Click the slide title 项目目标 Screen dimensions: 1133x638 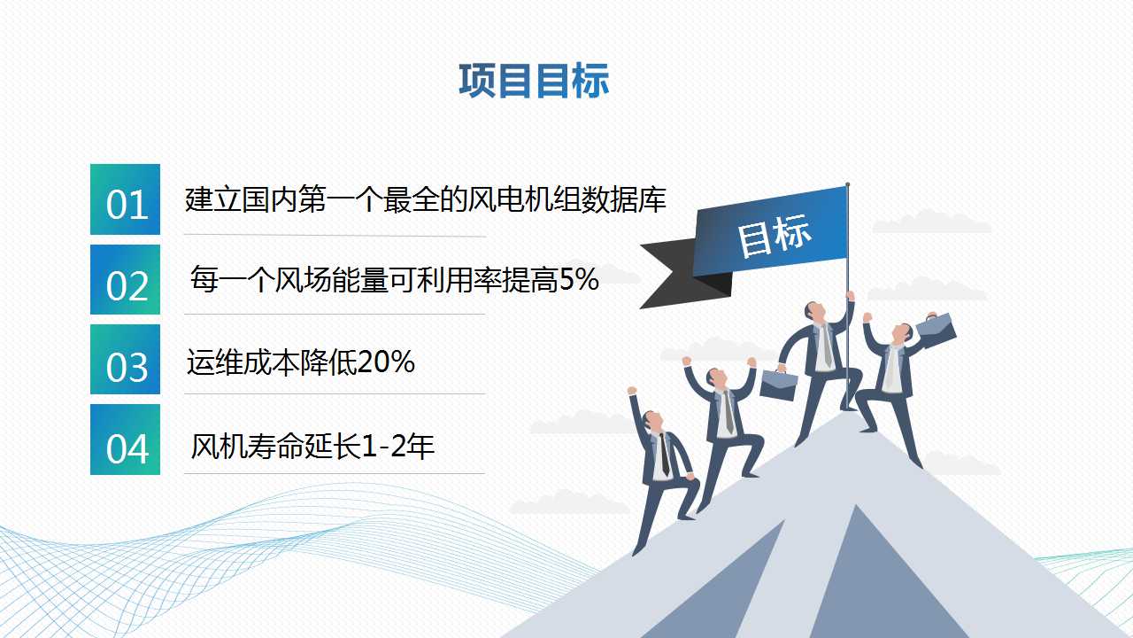point(534,81)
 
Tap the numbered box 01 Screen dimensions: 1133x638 point(125,199)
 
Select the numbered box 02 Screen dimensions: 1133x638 point(125,279)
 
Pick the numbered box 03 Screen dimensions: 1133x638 point(125,360)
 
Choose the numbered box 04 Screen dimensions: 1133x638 point(125,440)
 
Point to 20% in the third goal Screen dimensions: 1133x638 point(386,362)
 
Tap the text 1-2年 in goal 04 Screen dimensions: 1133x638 point(398,446)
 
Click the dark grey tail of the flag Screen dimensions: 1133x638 point(678,274)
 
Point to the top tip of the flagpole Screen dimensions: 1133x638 point(848,184)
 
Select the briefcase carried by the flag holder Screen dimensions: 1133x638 point(778,385)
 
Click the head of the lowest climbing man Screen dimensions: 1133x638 point(651,421)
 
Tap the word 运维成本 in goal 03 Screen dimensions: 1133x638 point(243,362)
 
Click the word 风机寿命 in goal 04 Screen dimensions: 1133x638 point(248,446)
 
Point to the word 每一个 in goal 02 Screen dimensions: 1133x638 point(232,279)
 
